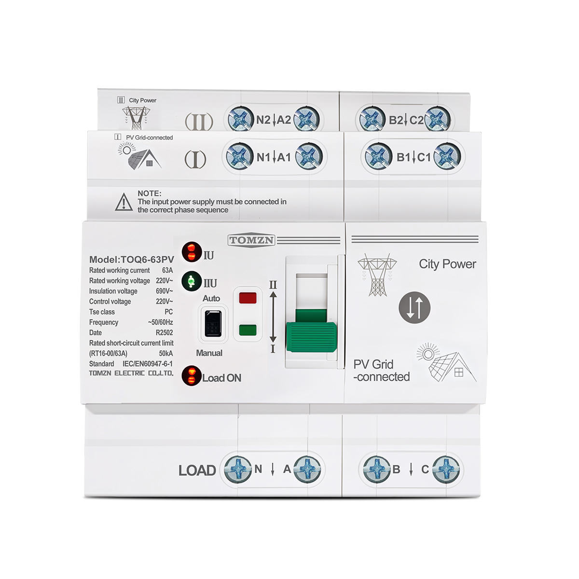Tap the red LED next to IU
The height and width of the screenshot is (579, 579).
point(192,252)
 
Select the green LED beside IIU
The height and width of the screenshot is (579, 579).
point(192,281)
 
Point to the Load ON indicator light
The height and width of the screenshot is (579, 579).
point(192,376)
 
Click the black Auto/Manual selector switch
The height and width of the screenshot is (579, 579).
point(213,324)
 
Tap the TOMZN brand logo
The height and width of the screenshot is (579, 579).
point(251,240)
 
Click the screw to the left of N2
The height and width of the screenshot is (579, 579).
point(240,119)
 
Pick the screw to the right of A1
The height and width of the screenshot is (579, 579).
point(309,156)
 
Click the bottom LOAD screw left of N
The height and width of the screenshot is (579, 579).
point(238,469)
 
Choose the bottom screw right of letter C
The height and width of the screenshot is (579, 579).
point(446,469)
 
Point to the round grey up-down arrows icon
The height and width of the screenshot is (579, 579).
point(414,307)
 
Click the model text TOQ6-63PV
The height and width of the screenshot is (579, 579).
point(148,259)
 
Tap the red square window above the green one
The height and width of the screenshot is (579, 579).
point(248,298)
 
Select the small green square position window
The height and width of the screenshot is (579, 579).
point(248,330)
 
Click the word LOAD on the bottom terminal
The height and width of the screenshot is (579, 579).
point(197,470)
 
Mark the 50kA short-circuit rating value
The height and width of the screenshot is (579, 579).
point(166,353)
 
